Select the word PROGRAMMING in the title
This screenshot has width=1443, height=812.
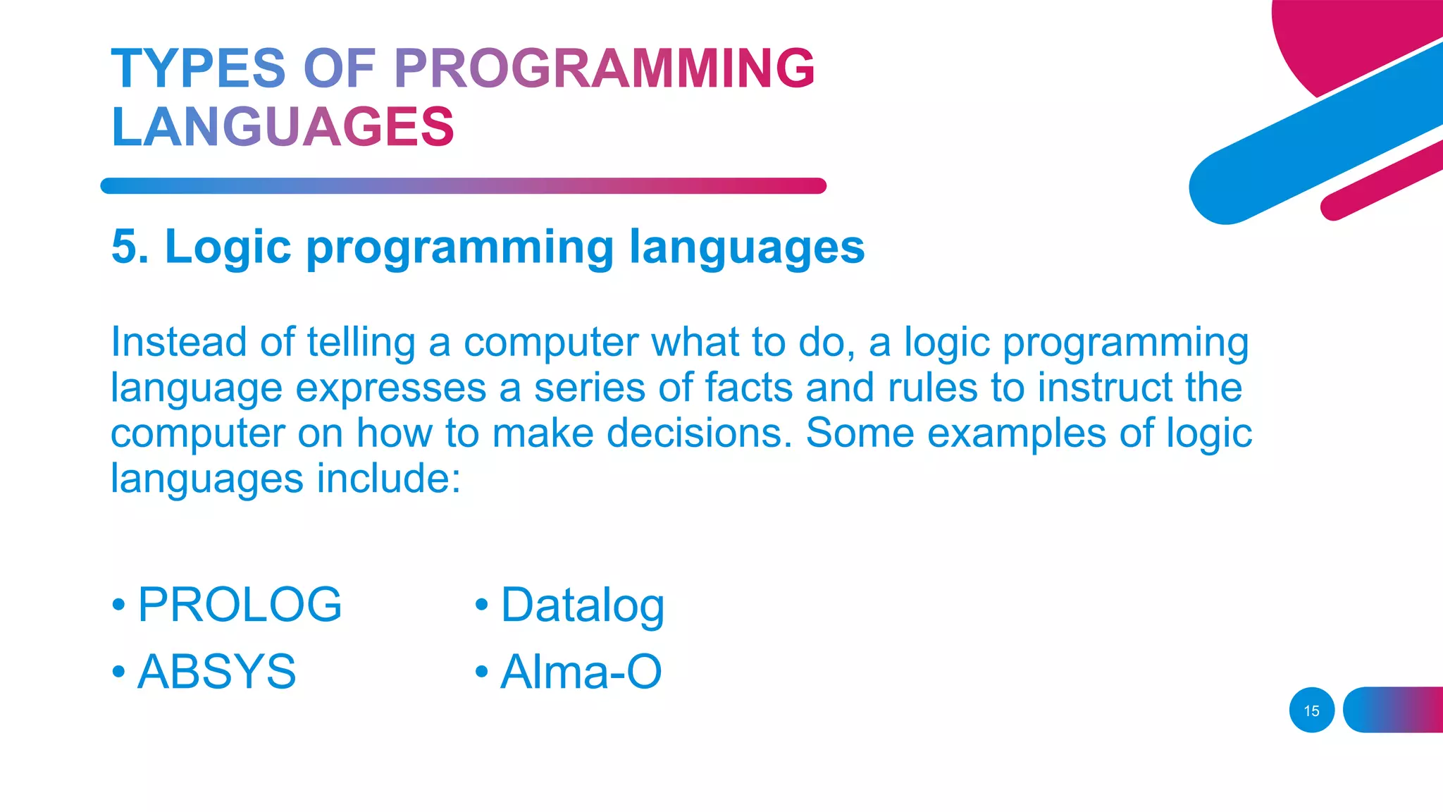(604, 68)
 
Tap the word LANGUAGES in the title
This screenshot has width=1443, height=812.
(283, 127)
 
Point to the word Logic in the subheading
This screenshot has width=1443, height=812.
(228, 247)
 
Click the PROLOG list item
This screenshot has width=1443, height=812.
(240, 605)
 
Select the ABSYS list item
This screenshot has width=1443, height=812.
(216, 671)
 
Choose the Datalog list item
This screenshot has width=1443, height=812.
(582, 605)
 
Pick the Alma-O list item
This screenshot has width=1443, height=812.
(581, 671)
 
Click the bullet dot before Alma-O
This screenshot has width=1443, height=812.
(481, 671)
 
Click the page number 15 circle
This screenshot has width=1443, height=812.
(1311, 710)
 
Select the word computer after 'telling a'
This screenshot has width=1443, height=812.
(550, 343)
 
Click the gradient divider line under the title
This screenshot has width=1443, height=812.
(463, 185)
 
